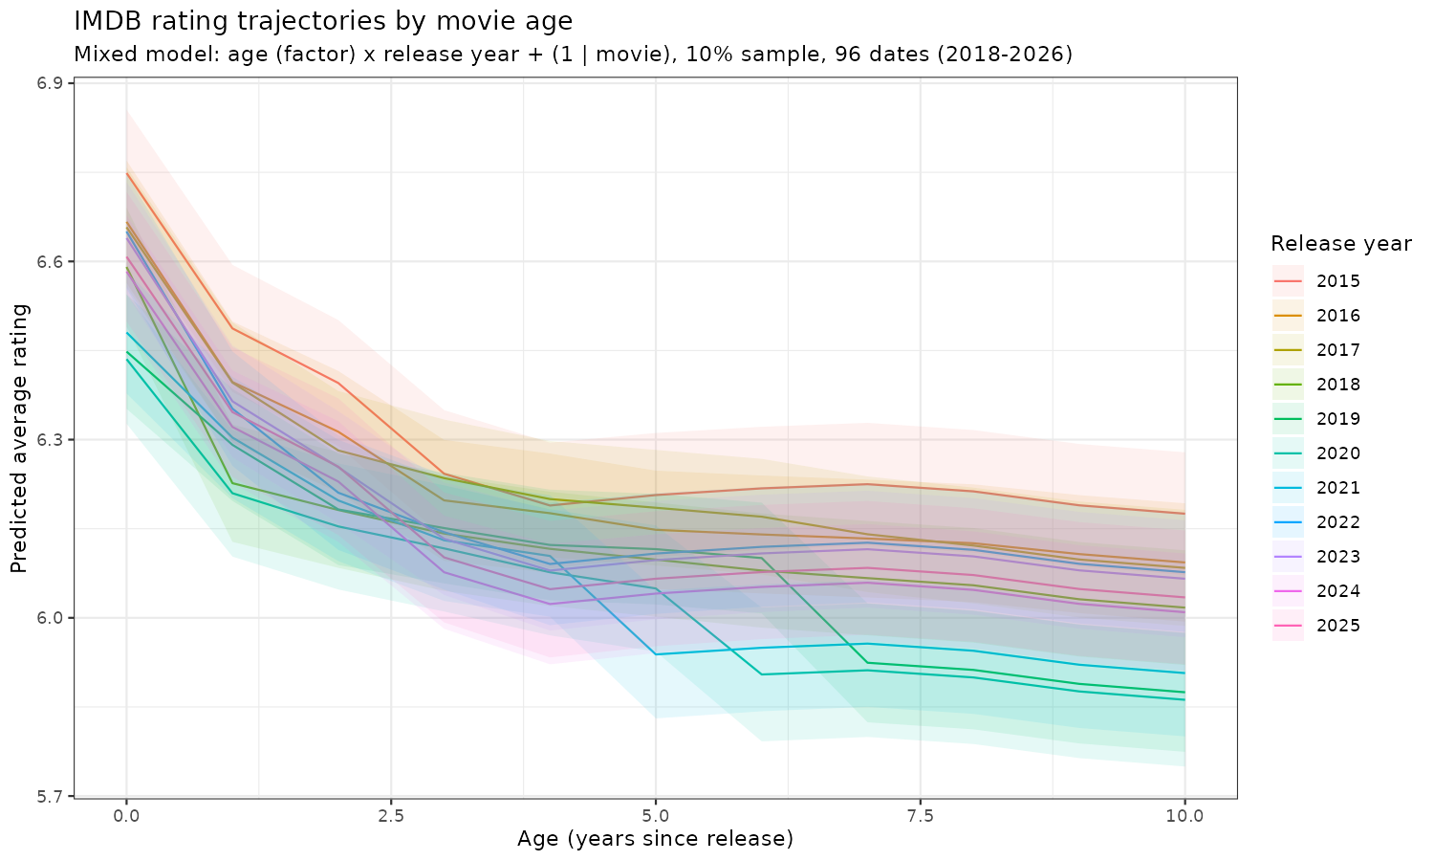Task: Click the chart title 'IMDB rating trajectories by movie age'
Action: pyautogui.click(x=322, y=20)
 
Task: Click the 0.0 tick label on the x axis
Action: pyautogui.click(x=126, y=815)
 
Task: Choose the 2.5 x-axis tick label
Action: pyautogui.click(x=391, y=815)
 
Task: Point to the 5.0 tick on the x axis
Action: pyautogui.click(x=656, y=815)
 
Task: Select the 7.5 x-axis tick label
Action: pyautogui.click(x=921, y=815)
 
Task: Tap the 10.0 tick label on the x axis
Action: pyautogui.click(x=1184, y=815)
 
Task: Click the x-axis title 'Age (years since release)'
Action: pyautogui.click(x=655, y=840)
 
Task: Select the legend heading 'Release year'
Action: pyautogui.click(x=1340, y=244)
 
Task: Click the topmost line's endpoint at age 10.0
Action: pyautogui.click(x=1184, y=514)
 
